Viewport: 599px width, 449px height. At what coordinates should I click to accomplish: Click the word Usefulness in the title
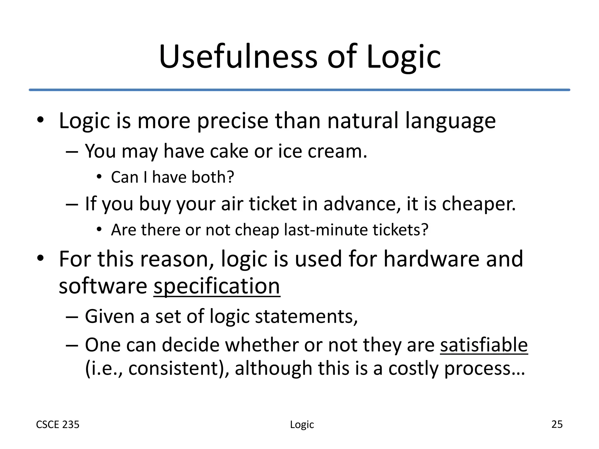[x=238, y=57]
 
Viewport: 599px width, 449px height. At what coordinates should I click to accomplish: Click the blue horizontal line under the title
[x=299, y=90]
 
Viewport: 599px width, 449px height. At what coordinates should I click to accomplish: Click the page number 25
[x=557, y=424]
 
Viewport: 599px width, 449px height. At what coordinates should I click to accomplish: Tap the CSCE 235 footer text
[x=58, y=424]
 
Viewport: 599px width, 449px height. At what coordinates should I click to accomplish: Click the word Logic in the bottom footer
[x=302, y=425]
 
